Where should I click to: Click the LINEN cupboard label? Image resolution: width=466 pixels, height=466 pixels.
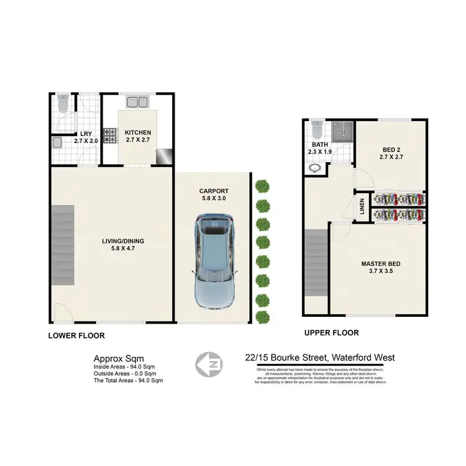(x=362, y=207)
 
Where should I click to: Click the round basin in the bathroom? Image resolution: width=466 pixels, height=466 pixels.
(x=314, y=168)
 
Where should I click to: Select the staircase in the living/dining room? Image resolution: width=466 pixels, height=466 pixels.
(x=62, y=245)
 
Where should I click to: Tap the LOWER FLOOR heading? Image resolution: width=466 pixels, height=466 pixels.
(x=76, y=336)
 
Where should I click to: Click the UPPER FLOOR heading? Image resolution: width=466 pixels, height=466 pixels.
(x=331, y=333)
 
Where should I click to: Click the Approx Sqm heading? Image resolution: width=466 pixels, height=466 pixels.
(x=119, y=358)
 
